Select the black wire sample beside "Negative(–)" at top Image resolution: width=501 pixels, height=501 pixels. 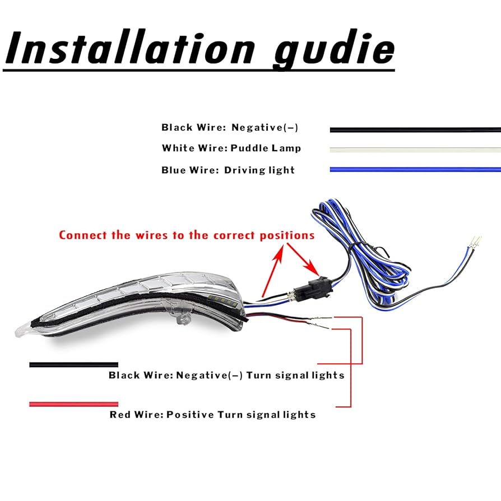point(415,130)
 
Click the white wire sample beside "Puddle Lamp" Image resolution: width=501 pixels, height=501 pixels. point(415,150)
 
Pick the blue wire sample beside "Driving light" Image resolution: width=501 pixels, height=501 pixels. point(415,169)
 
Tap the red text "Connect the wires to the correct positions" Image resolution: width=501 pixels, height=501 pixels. point(187,235)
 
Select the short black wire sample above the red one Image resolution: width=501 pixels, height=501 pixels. point(73,364)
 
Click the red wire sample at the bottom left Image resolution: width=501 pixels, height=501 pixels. point(73,403)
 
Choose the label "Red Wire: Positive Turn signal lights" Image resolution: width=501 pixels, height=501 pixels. point(212,415)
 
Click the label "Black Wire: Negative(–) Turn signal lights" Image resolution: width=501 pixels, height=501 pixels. point(226,375)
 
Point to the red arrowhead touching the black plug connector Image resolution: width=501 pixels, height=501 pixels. point(310,278)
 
